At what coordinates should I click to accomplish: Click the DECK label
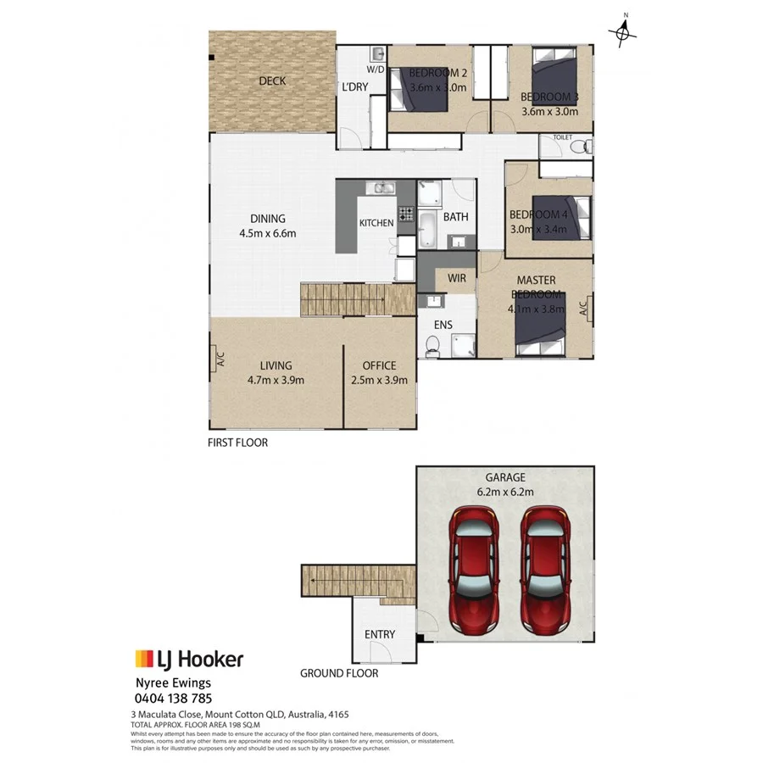click(272, 81)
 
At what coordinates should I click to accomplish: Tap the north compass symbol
click(625, 31)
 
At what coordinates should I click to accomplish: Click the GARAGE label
click(505, 477)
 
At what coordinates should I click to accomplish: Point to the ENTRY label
click(379, 634)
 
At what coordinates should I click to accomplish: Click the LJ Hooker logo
click(189, 659)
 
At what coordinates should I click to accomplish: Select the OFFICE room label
click(379, 365)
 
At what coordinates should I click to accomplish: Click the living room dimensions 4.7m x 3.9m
click(276, 380)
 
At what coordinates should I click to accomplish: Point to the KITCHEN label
click(376, 223)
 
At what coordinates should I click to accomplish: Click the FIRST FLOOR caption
click(237, 443)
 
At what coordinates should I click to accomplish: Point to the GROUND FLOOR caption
click(339, 674)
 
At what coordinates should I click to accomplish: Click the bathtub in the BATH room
click(427, 227)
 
